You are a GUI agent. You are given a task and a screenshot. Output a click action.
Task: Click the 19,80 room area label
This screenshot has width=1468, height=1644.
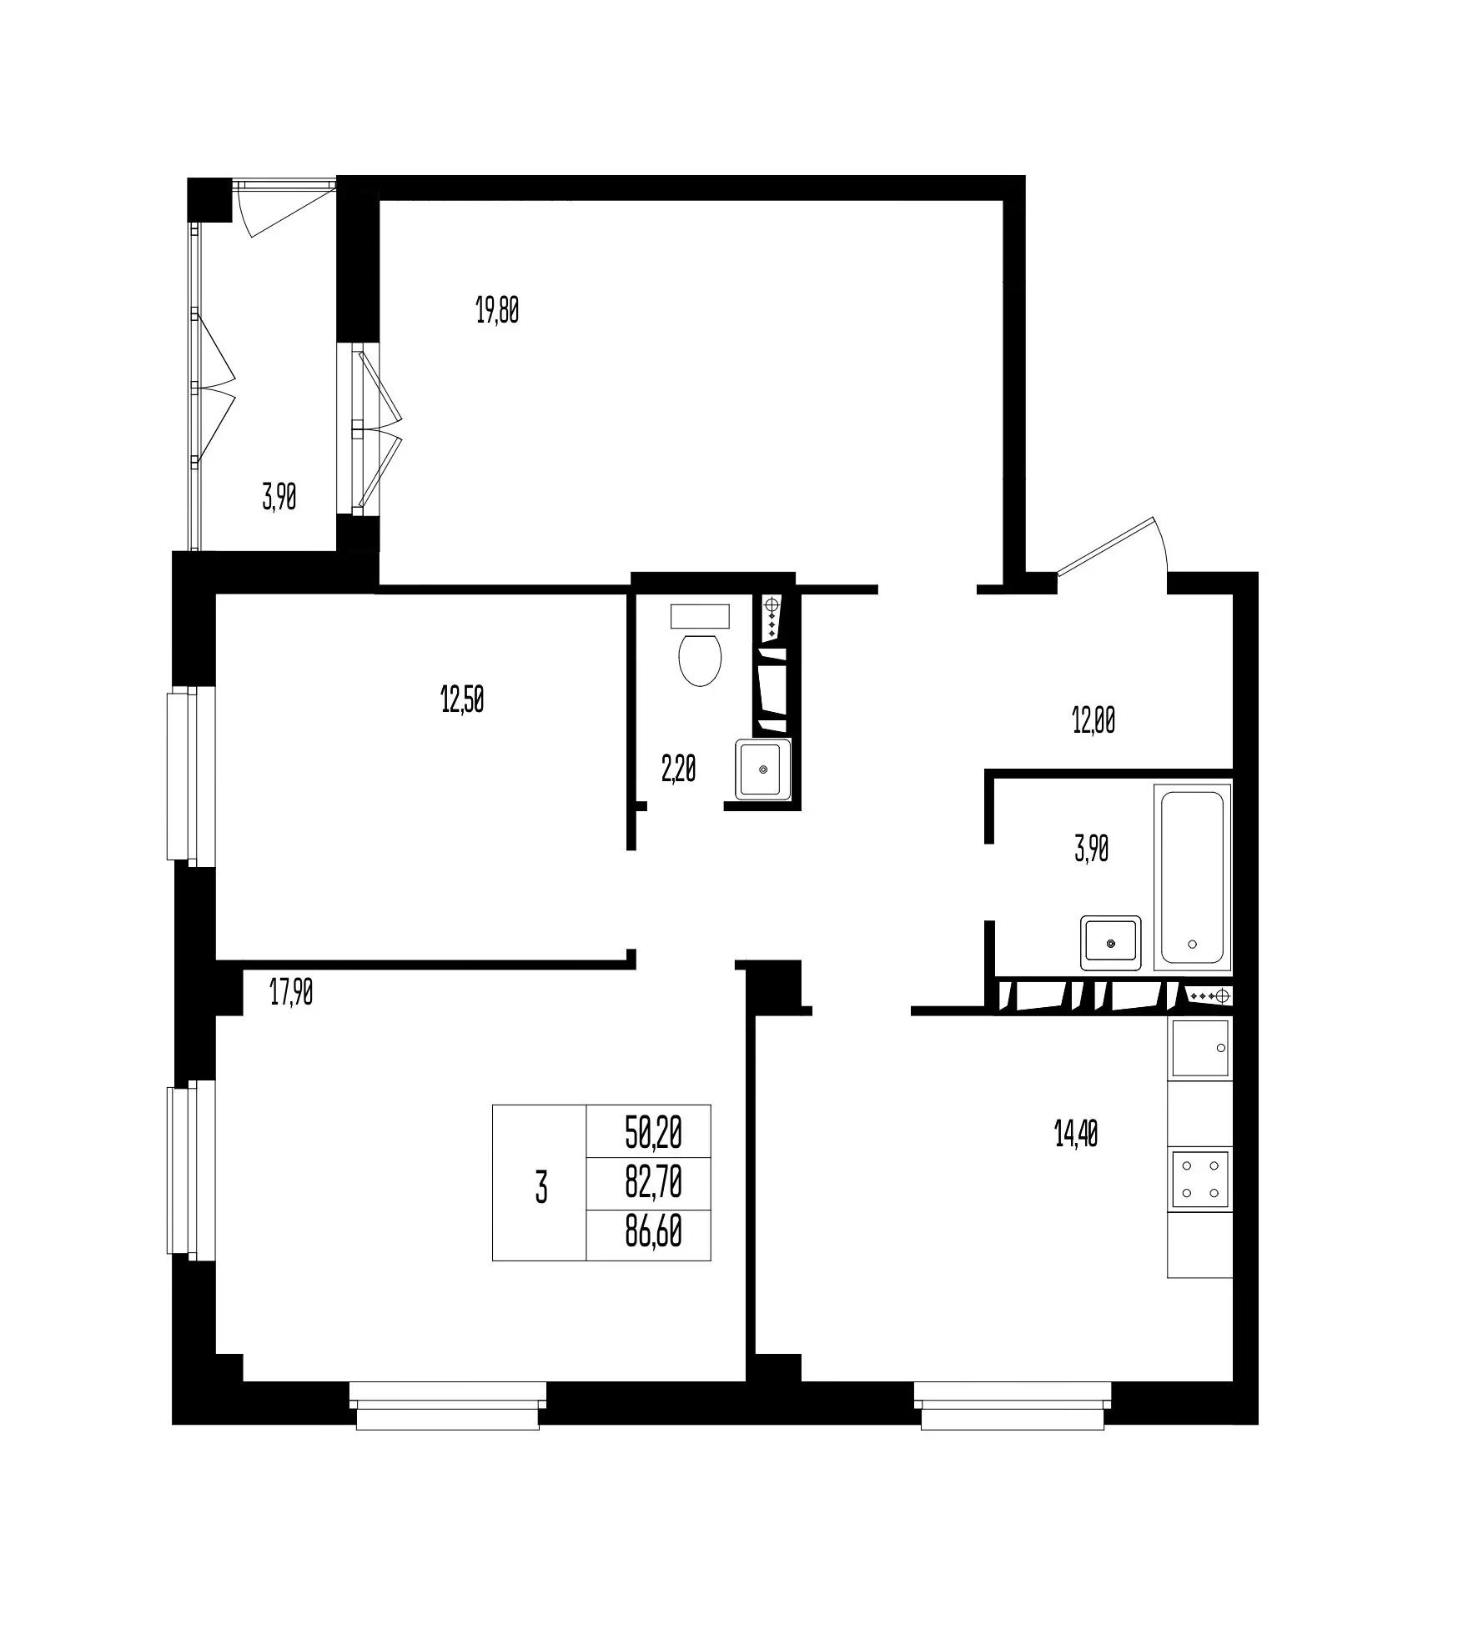pos(497,311)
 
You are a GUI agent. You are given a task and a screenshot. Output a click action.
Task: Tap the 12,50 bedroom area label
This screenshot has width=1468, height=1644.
pos(462,700)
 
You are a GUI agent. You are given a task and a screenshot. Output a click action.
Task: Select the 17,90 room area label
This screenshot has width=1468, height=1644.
pos(291,993)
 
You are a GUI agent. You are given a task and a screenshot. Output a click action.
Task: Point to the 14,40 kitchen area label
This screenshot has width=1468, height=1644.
pos(1076,1134)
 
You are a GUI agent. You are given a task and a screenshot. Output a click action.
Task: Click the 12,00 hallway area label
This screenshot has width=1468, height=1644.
pos(1093,720)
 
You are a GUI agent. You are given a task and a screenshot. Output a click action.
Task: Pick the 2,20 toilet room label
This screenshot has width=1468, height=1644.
pos(678,769)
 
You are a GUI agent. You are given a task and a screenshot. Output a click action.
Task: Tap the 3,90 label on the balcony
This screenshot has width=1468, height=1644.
pos(279,498)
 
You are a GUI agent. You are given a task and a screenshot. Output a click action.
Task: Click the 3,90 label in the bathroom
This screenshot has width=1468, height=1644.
pos(1092,850)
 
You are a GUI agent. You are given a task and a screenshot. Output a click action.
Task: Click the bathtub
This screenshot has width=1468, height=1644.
pos(1193,877)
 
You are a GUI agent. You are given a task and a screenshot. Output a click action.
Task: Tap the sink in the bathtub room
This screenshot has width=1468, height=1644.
pos(1111,943)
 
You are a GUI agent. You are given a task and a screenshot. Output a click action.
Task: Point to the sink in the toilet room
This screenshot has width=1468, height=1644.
pos(763,769)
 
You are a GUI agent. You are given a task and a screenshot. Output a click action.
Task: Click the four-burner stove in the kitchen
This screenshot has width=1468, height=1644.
pos(1200,1180)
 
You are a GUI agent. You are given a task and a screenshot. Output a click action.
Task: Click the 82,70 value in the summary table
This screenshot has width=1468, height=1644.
pos(654,1182)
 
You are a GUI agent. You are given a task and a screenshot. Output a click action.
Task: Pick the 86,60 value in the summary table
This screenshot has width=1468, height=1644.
pos(654,1232)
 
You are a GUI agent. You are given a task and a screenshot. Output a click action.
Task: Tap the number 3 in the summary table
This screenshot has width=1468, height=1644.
pos(541,1187)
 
